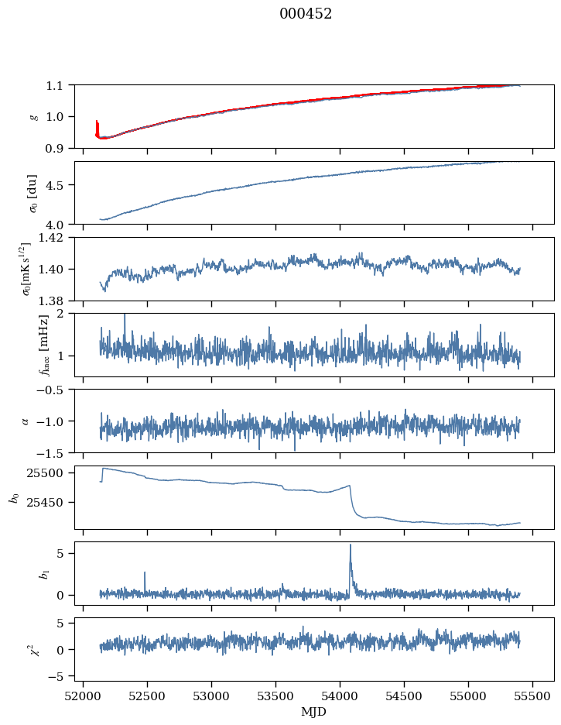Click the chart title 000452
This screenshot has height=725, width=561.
(306, 14)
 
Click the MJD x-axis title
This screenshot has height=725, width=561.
(314, 711)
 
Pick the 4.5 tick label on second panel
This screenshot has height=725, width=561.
(59, 185)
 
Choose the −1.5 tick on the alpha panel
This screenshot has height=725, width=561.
(55, 452)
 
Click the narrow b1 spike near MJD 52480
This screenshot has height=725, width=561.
(145, 572)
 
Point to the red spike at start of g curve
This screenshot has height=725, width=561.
(97, 122)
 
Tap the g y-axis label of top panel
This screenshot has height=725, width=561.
(33, 116)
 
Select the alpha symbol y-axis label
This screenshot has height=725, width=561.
(26, 421)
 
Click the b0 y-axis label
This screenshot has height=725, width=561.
(14, 497)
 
